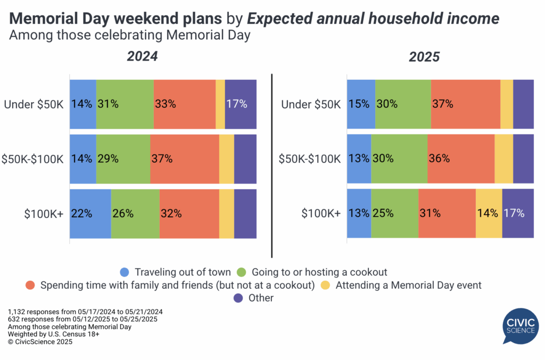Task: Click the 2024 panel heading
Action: [x=143, y=56]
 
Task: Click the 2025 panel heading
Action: [x=424, y=57]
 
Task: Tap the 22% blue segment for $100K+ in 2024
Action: [x=90, y=213]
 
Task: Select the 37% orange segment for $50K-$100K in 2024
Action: [x=184, y=158]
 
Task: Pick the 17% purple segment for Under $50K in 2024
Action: [x=241, y=104]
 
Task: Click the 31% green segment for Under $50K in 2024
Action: [x=125, y=104]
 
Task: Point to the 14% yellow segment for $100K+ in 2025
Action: [x=489, y=213]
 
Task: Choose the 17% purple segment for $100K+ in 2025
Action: [x=518, y=213]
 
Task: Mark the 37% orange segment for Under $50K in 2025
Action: [x=465, y=104]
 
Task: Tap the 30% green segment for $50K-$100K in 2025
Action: [x=399, y=158]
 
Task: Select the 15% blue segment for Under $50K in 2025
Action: [x=361, y=104]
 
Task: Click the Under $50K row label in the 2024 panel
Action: [x=34, y=104]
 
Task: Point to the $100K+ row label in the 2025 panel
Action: [x=321, y=213]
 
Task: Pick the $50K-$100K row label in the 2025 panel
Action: [x=309, y=158]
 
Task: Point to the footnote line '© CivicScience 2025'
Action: [x=40, y=342]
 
